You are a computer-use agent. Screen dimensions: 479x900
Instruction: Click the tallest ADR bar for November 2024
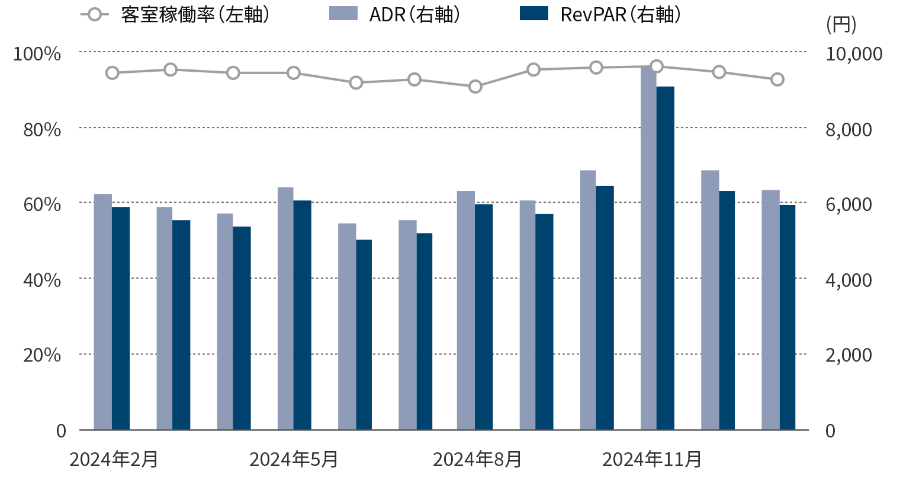[x=648, y=249]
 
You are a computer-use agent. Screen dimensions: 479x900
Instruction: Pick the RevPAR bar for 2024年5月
[x=302, y=315]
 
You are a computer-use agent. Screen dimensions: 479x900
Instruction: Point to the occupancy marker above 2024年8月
[x=475, y=87]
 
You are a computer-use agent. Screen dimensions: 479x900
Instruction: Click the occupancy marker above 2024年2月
[x=112, y=73]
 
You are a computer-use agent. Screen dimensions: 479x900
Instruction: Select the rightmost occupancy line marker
[x=777, y=79]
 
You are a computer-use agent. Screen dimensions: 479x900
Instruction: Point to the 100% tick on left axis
[x=37, y=54]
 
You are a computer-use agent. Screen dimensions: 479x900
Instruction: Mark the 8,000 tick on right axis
[x=848, y=129]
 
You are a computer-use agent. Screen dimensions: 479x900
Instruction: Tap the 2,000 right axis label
[x=848, y=355]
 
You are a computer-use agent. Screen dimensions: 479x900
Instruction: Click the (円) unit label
[x=841, y=25]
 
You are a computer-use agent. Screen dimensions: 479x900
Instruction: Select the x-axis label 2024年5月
[x=294, y=459]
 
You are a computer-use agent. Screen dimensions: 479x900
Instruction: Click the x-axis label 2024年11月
[x=652, y=459]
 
